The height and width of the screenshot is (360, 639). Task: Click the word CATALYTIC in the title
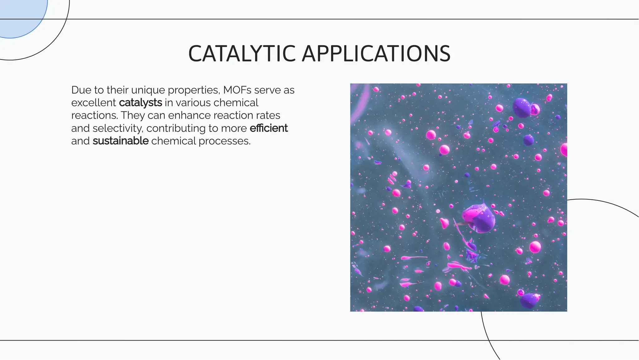pyautogui.click(x=242, y=54)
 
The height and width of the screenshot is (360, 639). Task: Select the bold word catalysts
pyautogui.click(x=140, y=103)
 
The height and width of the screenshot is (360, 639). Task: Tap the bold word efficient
pyautogui.click(x=269, y=128)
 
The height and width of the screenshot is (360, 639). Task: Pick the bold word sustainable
pyautogui.click(x=120, y=141)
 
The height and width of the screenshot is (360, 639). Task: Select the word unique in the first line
pyautogui.click(x=148, y=90)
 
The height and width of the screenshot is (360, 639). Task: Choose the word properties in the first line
pyautogui.click(x=194, y=90)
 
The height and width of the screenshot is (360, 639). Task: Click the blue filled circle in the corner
pyautogui.click(x=19, y=16)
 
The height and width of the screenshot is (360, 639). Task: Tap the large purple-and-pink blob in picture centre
pyautogui.click(x=478, y=218)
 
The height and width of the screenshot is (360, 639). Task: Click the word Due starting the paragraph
pyautogui.click(x=81, y=90)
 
